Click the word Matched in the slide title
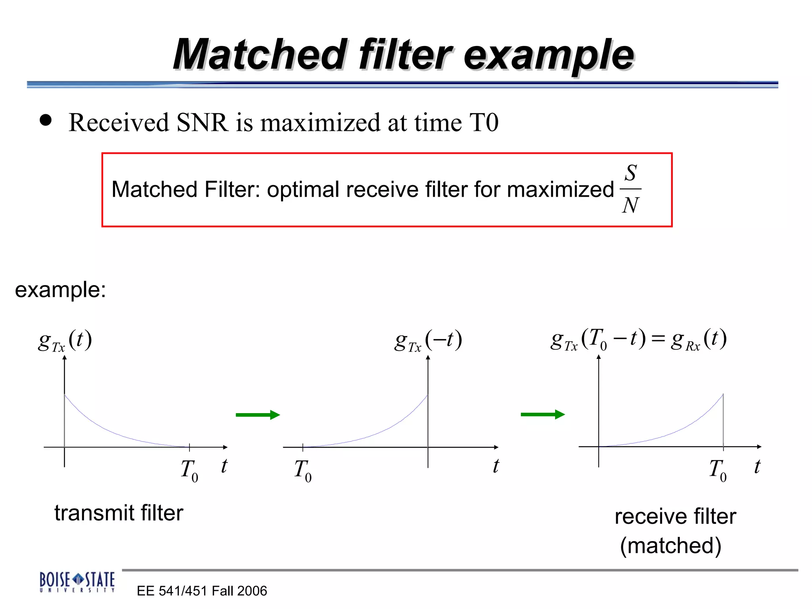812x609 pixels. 260,55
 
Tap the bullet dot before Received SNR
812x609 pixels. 46,120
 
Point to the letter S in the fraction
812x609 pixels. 630,173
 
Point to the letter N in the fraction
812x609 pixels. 630,205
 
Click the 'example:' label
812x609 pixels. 60,289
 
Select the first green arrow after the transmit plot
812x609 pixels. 258,415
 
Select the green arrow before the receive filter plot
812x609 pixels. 542,414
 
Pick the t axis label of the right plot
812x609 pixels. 757,466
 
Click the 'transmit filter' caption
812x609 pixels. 119,513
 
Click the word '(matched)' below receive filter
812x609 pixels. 670,546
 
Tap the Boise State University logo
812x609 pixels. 77,582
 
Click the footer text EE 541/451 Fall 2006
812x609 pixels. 202,591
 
